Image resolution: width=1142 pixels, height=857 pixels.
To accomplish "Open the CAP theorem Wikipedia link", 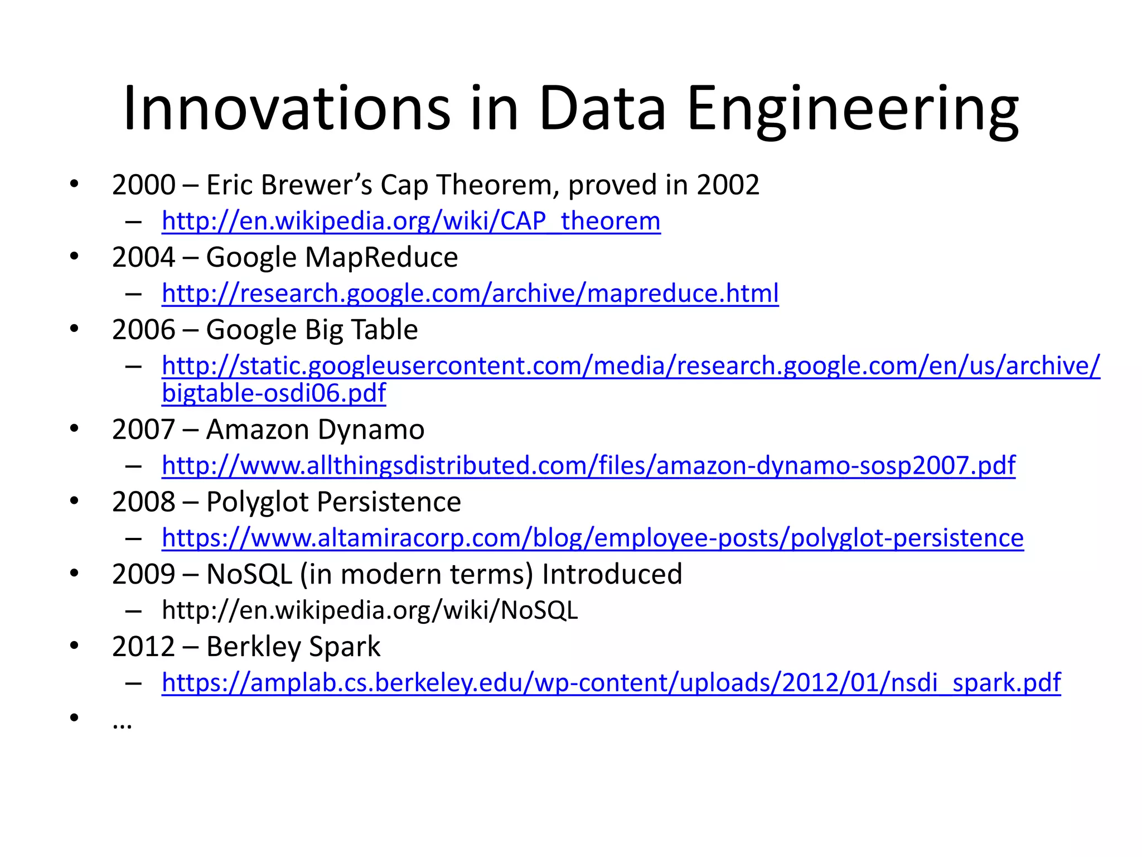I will pos(411,221).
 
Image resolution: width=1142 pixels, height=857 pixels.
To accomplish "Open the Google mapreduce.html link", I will pos(470,293).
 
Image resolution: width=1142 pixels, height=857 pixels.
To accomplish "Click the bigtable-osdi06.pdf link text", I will pos(273,393).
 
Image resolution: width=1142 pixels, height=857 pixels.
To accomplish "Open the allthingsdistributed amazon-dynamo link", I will pos(588,465).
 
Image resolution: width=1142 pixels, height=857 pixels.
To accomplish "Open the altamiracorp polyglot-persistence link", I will pos(592,538).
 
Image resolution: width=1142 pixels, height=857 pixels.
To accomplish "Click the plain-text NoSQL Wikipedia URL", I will pos(370,610).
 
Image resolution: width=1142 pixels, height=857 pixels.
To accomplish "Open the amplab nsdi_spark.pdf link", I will pos(611,682).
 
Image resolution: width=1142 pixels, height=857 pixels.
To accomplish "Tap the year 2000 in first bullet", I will pos(143,185).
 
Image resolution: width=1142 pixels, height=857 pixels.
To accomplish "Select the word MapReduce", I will pos(381,257).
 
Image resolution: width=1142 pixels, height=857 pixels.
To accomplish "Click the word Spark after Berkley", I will pos(344,647).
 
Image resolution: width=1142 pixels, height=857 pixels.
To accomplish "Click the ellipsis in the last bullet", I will pos(122,724).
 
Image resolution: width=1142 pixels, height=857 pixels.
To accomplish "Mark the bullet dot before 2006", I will pos(74,329).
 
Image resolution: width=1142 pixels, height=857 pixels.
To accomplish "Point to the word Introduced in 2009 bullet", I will pos(612,574).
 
